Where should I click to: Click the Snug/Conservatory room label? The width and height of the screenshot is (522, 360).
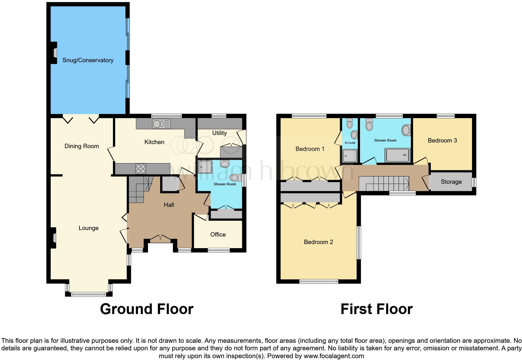(x=88, y=60)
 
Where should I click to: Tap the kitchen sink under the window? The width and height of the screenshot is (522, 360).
(x=161, y=124)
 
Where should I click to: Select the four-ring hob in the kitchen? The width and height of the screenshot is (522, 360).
(x=140, y=169)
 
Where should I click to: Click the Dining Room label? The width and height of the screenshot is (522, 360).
(x=81, y=146)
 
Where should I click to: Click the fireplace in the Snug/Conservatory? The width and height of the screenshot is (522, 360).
(x=54, y=52)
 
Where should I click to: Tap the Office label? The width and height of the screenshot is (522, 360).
(x=218, y=235)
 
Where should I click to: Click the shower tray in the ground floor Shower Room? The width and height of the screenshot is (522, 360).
(x=205, y=167)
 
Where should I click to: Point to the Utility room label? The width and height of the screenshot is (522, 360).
(x=219, y=133)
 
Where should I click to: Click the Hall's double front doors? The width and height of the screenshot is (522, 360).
(x=160, y=238)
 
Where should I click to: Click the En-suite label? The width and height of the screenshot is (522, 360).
(x=350, y=143)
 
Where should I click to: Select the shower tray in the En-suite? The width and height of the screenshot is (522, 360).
(x=350, y=156)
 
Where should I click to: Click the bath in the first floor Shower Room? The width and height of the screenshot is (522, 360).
(x=397, y=155)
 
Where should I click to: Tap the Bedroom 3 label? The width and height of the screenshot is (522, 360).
(x=442, y=141)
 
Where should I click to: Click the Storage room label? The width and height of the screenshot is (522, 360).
(x=451, y=182)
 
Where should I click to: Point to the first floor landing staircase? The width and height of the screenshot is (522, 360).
(x=384, y=183)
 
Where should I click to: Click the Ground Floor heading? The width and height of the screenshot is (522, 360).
(x=146, y=309)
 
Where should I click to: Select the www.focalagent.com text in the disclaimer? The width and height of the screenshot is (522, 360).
(x=333, y=356)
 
